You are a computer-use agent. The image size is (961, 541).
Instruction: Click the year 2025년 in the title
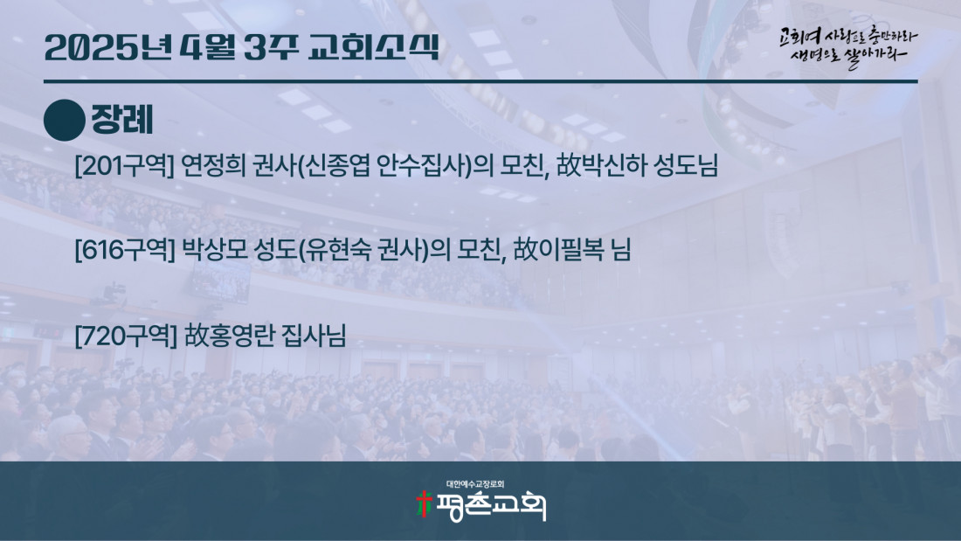107,47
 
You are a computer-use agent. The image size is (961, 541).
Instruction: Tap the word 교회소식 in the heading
374,47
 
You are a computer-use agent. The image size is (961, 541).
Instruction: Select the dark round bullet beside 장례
65,121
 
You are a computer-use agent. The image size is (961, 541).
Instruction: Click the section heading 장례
122,120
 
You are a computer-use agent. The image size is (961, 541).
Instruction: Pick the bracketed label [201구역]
125,165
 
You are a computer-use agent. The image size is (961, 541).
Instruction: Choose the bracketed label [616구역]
125,250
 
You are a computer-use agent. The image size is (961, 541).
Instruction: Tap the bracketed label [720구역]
126,336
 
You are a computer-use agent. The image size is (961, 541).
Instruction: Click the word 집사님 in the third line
314,336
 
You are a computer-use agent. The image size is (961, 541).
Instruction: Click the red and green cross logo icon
424,504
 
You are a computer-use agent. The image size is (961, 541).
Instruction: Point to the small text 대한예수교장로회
475,484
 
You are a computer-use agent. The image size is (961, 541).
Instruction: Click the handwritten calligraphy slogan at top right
848,46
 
